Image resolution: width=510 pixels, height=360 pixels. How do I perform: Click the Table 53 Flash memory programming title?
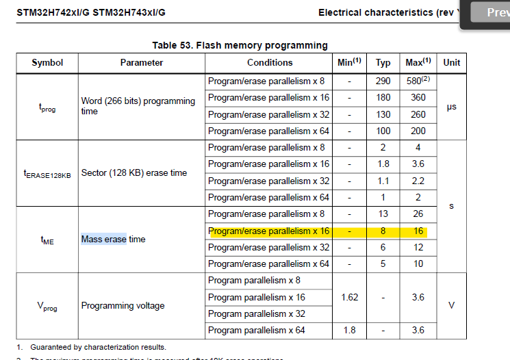click(x=240, y=45)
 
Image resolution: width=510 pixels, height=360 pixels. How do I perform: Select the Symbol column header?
click(x=47, y=62)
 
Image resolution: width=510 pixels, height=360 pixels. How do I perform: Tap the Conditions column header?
click(x=270, y=62)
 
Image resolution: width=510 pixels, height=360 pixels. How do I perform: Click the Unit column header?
click(x=451, y=62)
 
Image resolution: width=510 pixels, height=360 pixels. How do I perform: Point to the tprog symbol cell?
click(x=47, y=106)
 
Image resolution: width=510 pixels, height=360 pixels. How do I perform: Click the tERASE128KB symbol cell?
click(x=47, y=173)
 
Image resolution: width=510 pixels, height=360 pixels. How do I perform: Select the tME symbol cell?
click(x=47, y=240)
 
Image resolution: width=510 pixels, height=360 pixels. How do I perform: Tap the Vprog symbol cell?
click(x=47, y=305)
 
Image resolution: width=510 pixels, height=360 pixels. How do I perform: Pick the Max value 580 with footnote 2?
click(x=418, y=81)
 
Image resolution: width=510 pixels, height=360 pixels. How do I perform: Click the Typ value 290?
click(x=383, y=81)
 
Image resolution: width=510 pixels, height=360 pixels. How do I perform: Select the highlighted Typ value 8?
click(x=383, y=231)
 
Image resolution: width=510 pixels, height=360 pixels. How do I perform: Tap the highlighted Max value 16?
click(x=418, y=231)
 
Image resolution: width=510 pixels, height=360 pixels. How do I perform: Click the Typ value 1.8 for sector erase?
click(x=383, y=164)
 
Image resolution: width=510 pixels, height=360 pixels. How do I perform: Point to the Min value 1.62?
click(x=350, y=297)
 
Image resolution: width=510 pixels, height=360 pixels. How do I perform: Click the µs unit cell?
click(x=451, y=106)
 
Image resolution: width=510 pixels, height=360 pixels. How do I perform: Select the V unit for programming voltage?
click(x=451, y=305)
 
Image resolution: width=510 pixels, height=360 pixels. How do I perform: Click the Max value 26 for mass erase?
click(x=418, y=214)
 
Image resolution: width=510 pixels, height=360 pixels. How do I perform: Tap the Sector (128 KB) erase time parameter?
click(x=134, y=173)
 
